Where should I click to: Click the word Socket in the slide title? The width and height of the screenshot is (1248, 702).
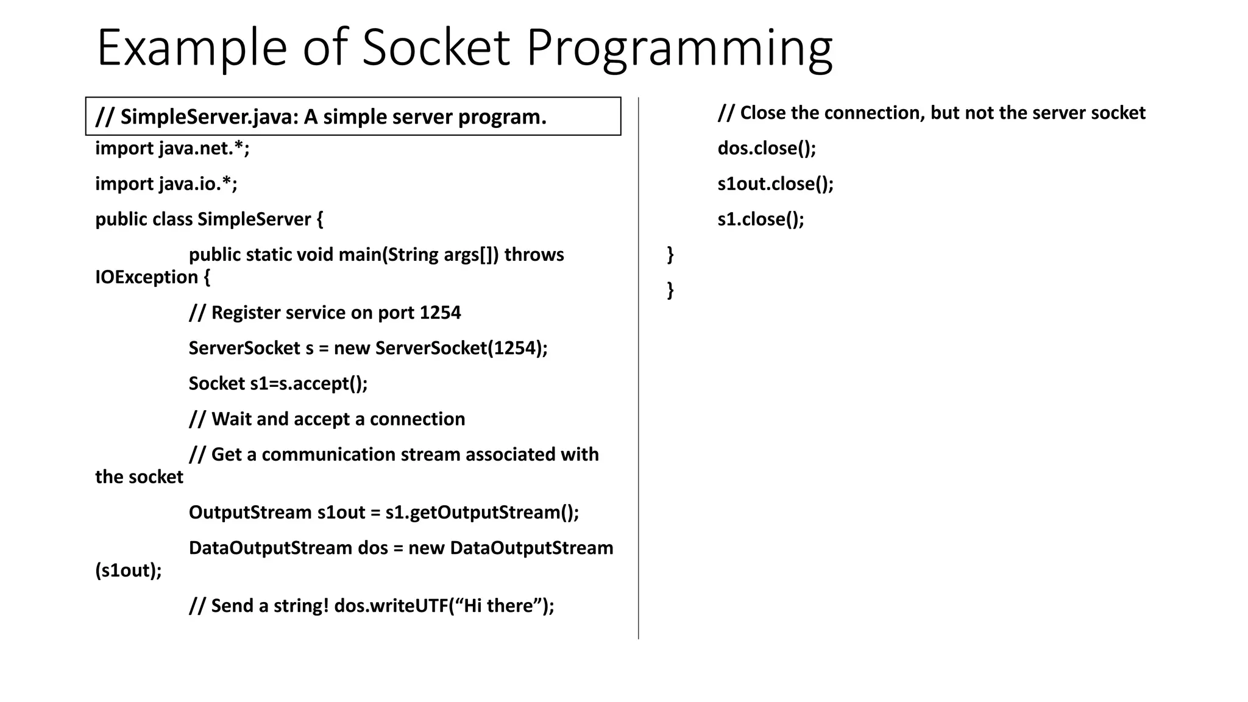[435, 48]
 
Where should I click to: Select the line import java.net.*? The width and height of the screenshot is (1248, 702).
[172, 148]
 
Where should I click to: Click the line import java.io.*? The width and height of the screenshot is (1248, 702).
[166, 183]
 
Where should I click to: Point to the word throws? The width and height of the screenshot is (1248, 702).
[534, 254]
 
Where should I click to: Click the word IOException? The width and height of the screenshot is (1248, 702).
[147, 277]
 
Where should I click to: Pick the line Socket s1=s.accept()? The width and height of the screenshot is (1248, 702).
[278, 383]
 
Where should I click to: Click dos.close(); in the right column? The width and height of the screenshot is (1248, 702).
[767, 148]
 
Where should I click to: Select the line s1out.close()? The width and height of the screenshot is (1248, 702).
[775, 183]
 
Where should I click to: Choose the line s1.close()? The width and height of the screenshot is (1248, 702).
[760, 219]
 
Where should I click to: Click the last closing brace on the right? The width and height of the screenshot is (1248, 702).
[670, 289]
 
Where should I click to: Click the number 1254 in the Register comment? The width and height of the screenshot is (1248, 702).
[440, 313]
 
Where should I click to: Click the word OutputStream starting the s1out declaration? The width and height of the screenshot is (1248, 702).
[250, 512]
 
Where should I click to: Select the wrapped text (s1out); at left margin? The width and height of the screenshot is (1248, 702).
[129, 570]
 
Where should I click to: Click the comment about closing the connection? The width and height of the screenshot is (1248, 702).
[931, 113]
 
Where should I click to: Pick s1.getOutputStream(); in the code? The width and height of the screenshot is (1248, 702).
[482, 512]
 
